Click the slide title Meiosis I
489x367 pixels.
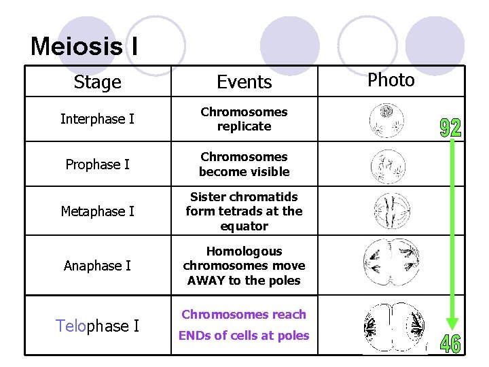[x=84, y=46]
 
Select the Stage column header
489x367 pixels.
[x=97, y=82]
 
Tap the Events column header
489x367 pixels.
[x=244, y=82]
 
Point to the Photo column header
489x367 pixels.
[x=391, y=80]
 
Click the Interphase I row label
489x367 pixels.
[x=97, y=120]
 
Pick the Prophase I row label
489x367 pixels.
[x=97, y=164]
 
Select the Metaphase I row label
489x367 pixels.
[x=97, y=211]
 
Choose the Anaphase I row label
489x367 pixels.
[x=97, y=266]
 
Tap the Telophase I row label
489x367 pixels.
[x=97, y=326]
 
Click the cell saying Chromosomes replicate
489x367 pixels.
[x=244, y=119]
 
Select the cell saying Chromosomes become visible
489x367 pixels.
[x=244, y=164]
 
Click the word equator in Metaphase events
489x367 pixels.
[x=244, y=226]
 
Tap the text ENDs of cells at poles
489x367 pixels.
[x=244, y=335]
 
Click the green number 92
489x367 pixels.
[x=450, y=127]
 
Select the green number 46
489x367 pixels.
[x=450, y=343]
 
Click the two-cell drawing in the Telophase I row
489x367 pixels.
[x=395, y=328]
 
